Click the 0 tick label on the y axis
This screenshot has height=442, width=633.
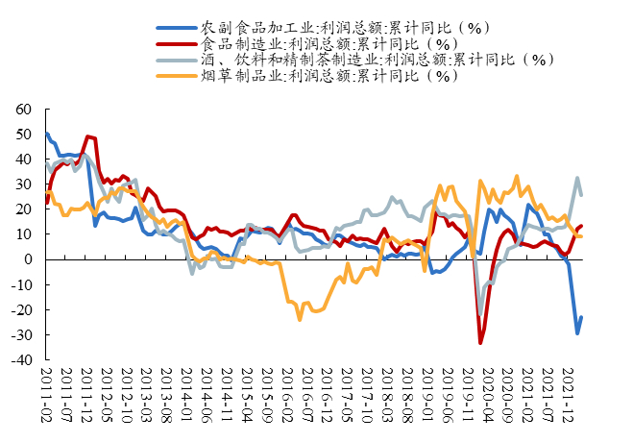click(30, 259)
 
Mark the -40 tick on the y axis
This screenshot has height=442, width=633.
click(22, 360)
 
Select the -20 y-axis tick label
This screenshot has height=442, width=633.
click(22, 309)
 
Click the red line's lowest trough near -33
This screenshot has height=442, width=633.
click(480, 342)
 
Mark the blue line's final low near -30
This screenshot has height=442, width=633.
click(577, 333)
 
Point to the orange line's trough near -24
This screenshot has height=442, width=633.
click(300, 319)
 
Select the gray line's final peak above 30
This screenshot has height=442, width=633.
click(577, 178)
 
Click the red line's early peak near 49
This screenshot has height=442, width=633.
click(87, 136)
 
